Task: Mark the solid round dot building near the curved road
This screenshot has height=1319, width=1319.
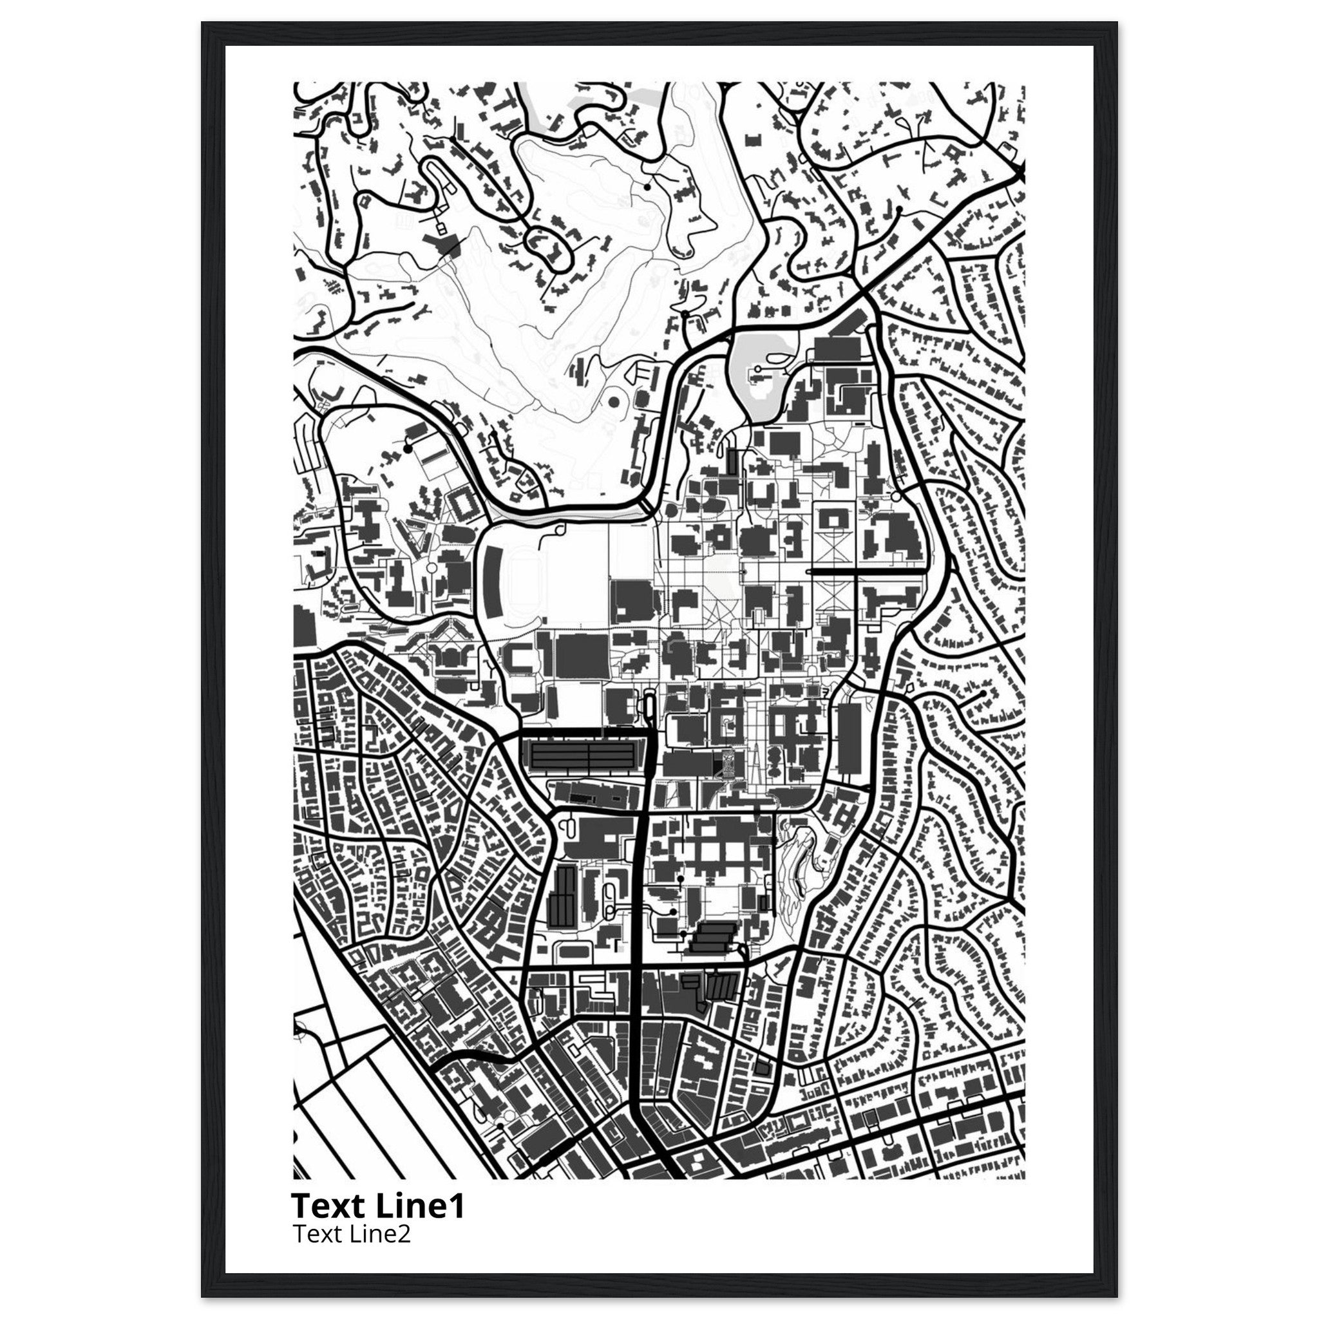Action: pos(612,403)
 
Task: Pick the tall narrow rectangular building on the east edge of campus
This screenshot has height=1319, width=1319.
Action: pos(849,737)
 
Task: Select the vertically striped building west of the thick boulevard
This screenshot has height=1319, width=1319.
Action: pos(564,895)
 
